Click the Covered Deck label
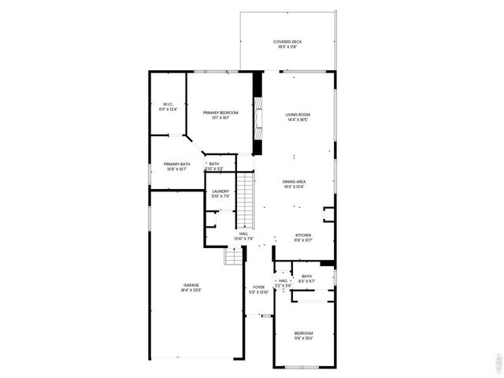pyautogui.click(x=287, y=42)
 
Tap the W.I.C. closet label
pyautogui.click(x=168, y=105)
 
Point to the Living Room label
pyautogui.click(x=296, y=115)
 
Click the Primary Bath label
pyautogui.click(x=176, y=164)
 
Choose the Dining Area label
pyautogui.click(x=295, y=182)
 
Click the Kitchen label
pyautogui.click(x=303, y=235)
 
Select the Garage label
pyautogui.click(x=191, y=285)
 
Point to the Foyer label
pyautogui.click(x=258, y=287)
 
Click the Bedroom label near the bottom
pyautogui.click(x=303, y=333)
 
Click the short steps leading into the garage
pyautogui.click(x=233, y=257)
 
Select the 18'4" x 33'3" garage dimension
pyautogui.click(x=191, y=291)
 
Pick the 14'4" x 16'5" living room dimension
pyautogui.click(x=296, y=120)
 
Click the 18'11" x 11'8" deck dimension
pyautogui.click(x=287, y=47)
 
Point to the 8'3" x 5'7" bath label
pyautogui.click(x=306, y=279)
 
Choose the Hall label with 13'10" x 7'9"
pyautogui.click(x=244, y=235)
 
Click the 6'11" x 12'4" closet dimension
pyautogui.click(x=168, y=109)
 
